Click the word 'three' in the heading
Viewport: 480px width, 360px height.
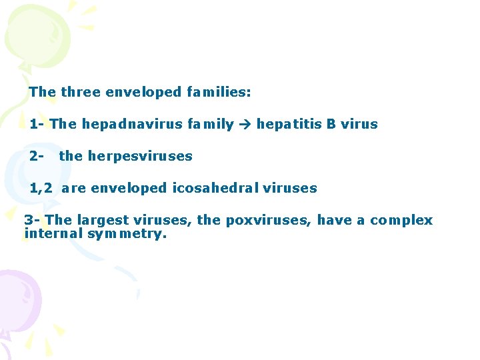tap(77, 92)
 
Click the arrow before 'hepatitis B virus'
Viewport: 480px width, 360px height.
tap(245, 125)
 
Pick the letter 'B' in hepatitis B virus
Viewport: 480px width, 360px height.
tap(331, 124)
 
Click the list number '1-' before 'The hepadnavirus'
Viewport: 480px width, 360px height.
tap(37, 124)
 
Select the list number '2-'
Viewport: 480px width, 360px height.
tap(37, 156)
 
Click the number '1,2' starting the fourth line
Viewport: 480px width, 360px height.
tap(41, 189)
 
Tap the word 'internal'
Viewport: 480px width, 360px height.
tap(51, 233)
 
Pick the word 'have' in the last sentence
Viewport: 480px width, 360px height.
tap(333, 220)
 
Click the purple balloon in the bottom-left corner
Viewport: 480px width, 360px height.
tap(17, 300)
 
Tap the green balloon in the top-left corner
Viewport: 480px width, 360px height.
tap(37, 33)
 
